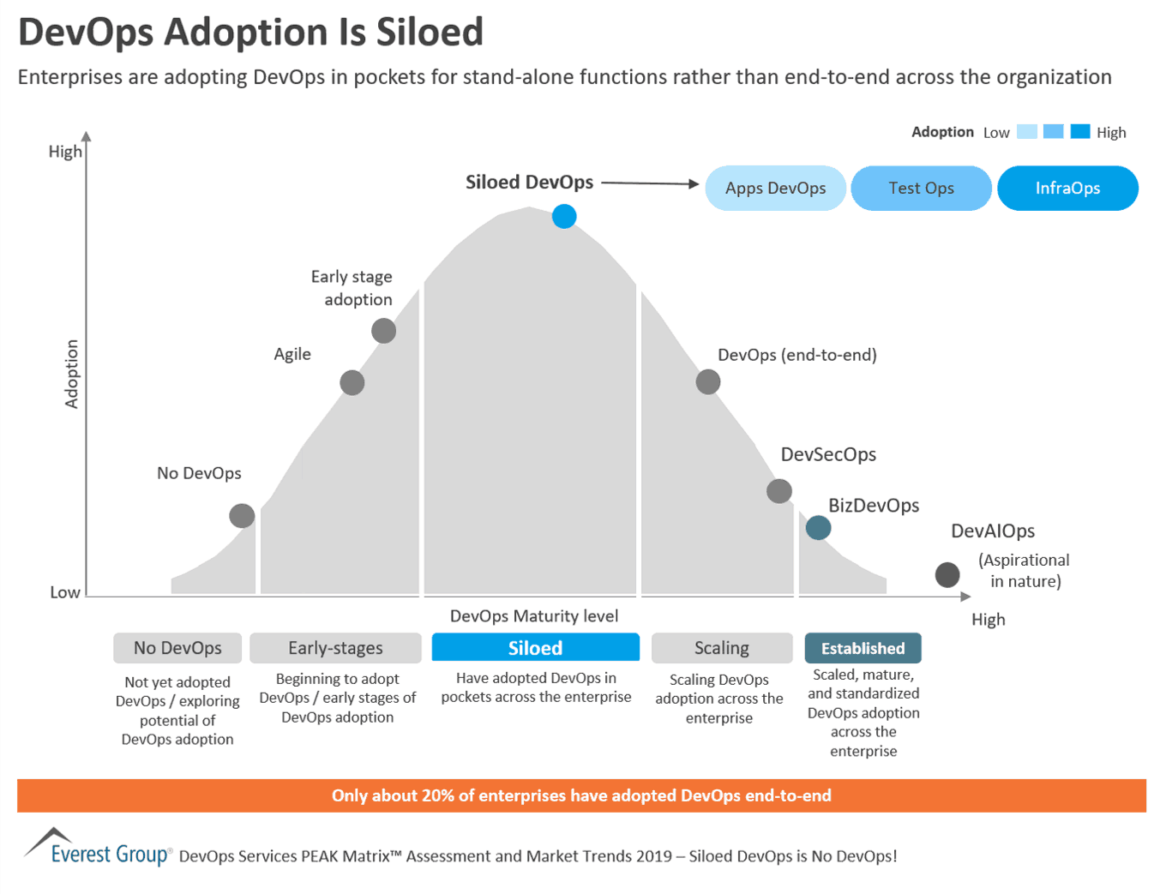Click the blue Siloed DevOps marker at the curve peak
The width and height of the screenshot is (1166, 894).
(x=564, y=216)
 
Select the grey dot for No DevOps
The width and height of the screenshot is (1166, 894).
(x=242, y=515)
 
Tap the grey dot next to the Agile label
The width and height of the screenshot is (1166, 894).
(x=352, y=382)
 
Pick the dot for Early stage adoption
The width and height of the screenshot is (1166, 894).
(x=383, y=330)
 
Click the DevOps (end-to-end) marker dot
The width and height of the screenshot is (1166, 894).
(x=707, y=381)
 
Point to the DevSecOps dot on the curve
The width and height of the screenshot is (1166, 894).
(x=778, y=491)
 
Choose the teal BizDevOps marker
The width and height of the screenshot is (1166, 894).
(x=818, y=527)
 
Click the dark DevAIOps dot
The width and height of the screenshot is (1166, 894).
(x=947, y=574)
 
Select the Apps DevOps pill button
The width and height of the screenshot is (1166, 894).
(x=775, y=188)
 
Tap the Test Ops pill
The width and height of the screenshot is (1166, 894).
(x=921, y=188)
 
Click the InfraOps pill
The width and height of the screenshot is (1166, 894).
(x=1067, y=188)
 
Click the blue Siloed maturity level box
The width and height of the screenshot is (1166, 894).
(x=535, y=648)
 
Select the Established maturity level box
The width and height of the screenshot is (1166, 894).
(x=862, y=648)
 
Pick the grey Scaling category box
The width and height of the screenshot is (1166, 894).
(x=721, y=648)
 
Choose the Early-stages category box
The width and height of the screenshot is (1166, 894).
(x=335, y=648)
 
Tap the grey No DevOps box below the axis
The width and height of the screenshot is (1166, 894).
(x=177, y=648)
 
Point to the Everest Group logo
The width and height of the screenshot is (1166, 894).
(x=97, y=848)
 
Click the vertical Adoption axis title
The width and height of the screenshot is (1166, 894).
(x=72, y=374)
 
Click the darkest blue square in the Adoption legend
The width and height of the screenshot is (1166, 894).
(x=1080, y=131)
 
